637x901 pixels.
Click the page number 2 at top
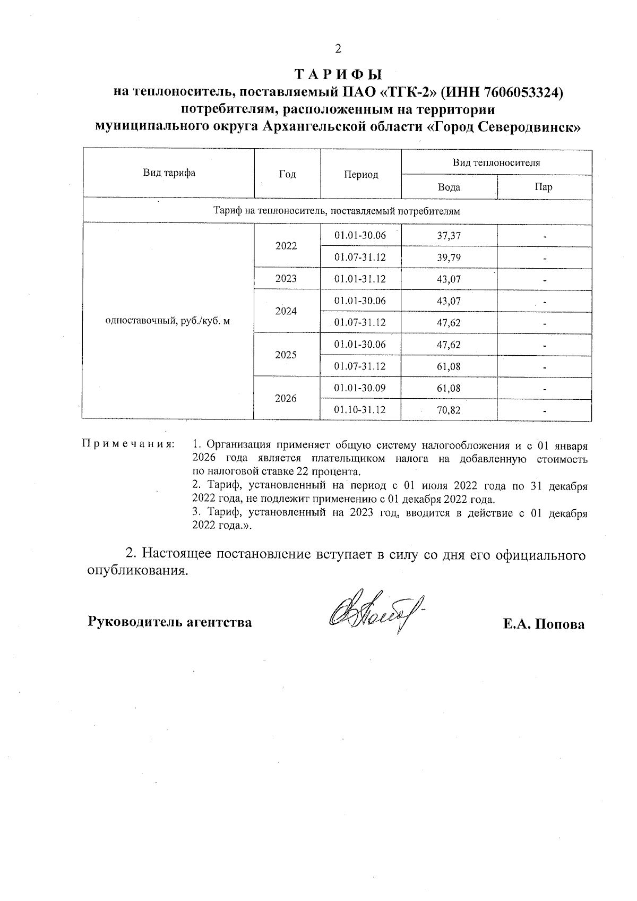338,49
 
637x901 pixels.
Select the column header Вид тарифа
169,173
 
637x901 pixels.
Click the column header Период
361,175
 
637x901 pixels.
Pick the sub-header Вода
449,187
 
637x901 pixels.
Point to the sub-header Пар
544,187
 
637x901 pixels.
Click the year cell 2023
286,279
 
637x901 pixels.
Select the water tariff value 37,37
449,236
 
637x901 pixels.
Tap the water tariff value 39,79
449,258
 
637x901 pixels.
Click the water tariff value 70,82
449,410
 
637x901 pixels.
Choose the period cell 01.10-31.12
360,410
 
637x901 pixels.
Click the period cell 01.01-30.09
360,388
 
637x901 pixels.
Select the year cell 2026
286,399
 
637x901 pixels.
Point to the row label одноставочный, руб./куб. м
168,322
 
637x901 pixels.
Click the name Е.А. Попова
544,624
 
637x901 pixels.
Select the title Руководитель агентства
170,622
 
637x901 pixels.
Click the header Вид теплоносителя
496,163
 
